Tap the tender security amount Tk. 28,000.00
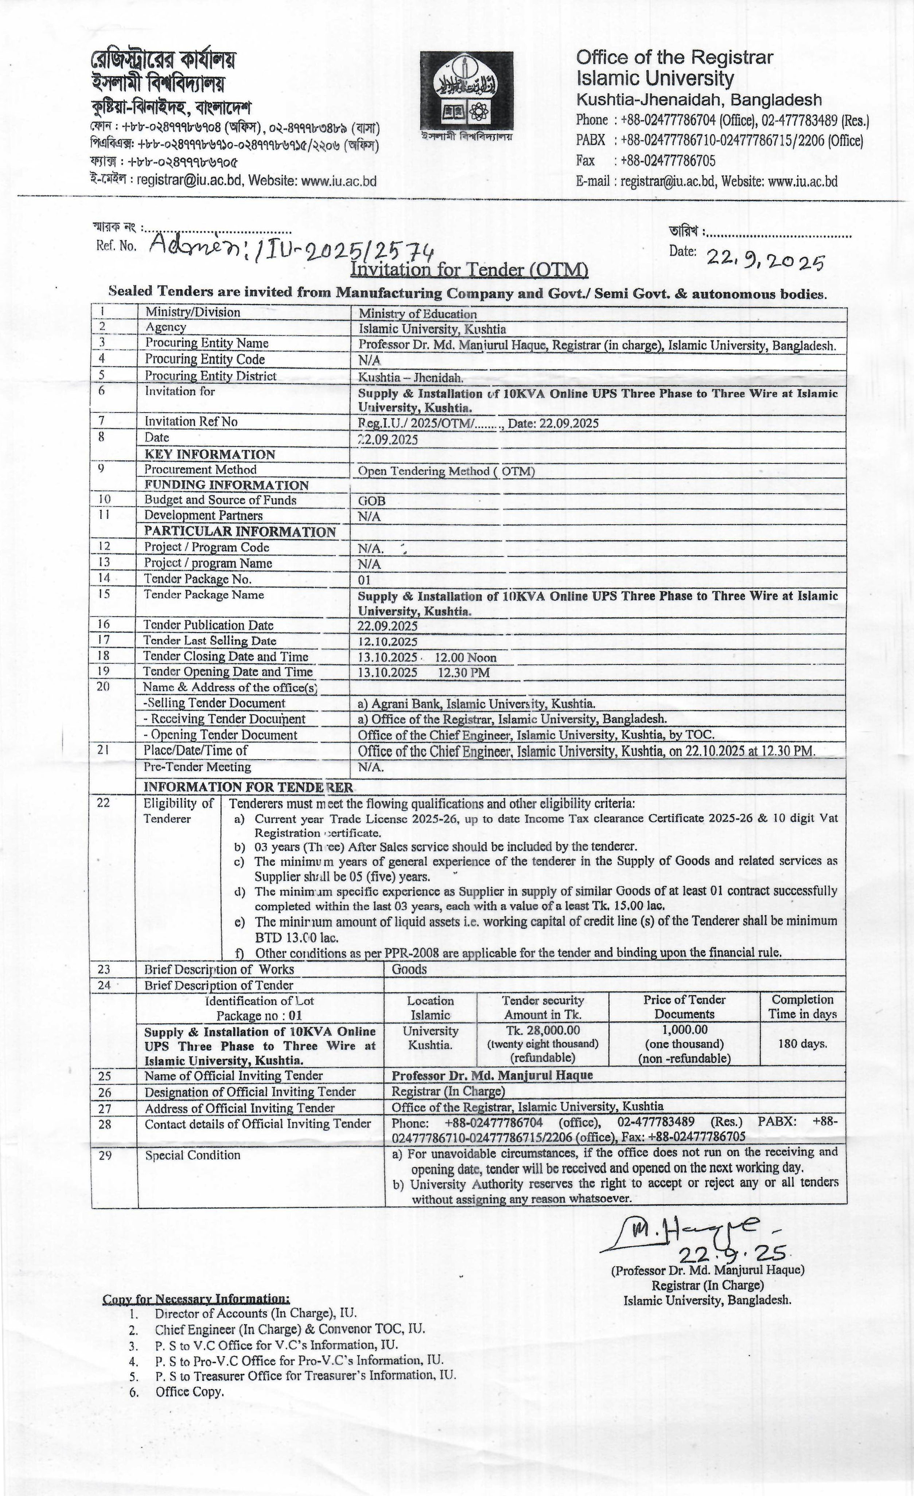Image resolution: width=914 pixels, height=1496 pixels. click(543, 1030)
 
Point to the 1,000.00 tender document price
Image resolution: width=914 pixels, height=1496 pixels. click(684, 1030)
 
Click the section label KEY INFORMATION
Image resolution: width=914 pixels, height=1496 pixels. click(210, 455)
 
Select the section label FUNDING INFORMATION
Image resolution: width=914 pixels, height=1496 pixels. click(226, 485)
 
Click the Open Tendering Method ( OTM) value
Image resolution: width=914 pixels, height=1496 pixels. click(446, 471)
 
